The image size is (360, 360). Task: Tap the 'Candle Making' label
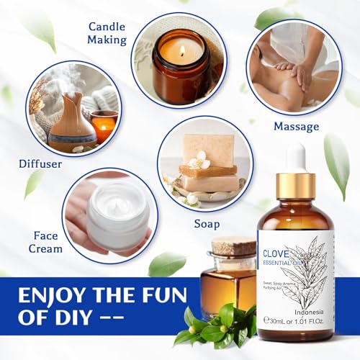pos(107,33)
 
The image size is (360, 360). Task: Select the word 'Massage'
pos(295,127)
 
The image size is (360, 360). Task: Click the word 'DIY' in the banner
pos(80,317)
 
